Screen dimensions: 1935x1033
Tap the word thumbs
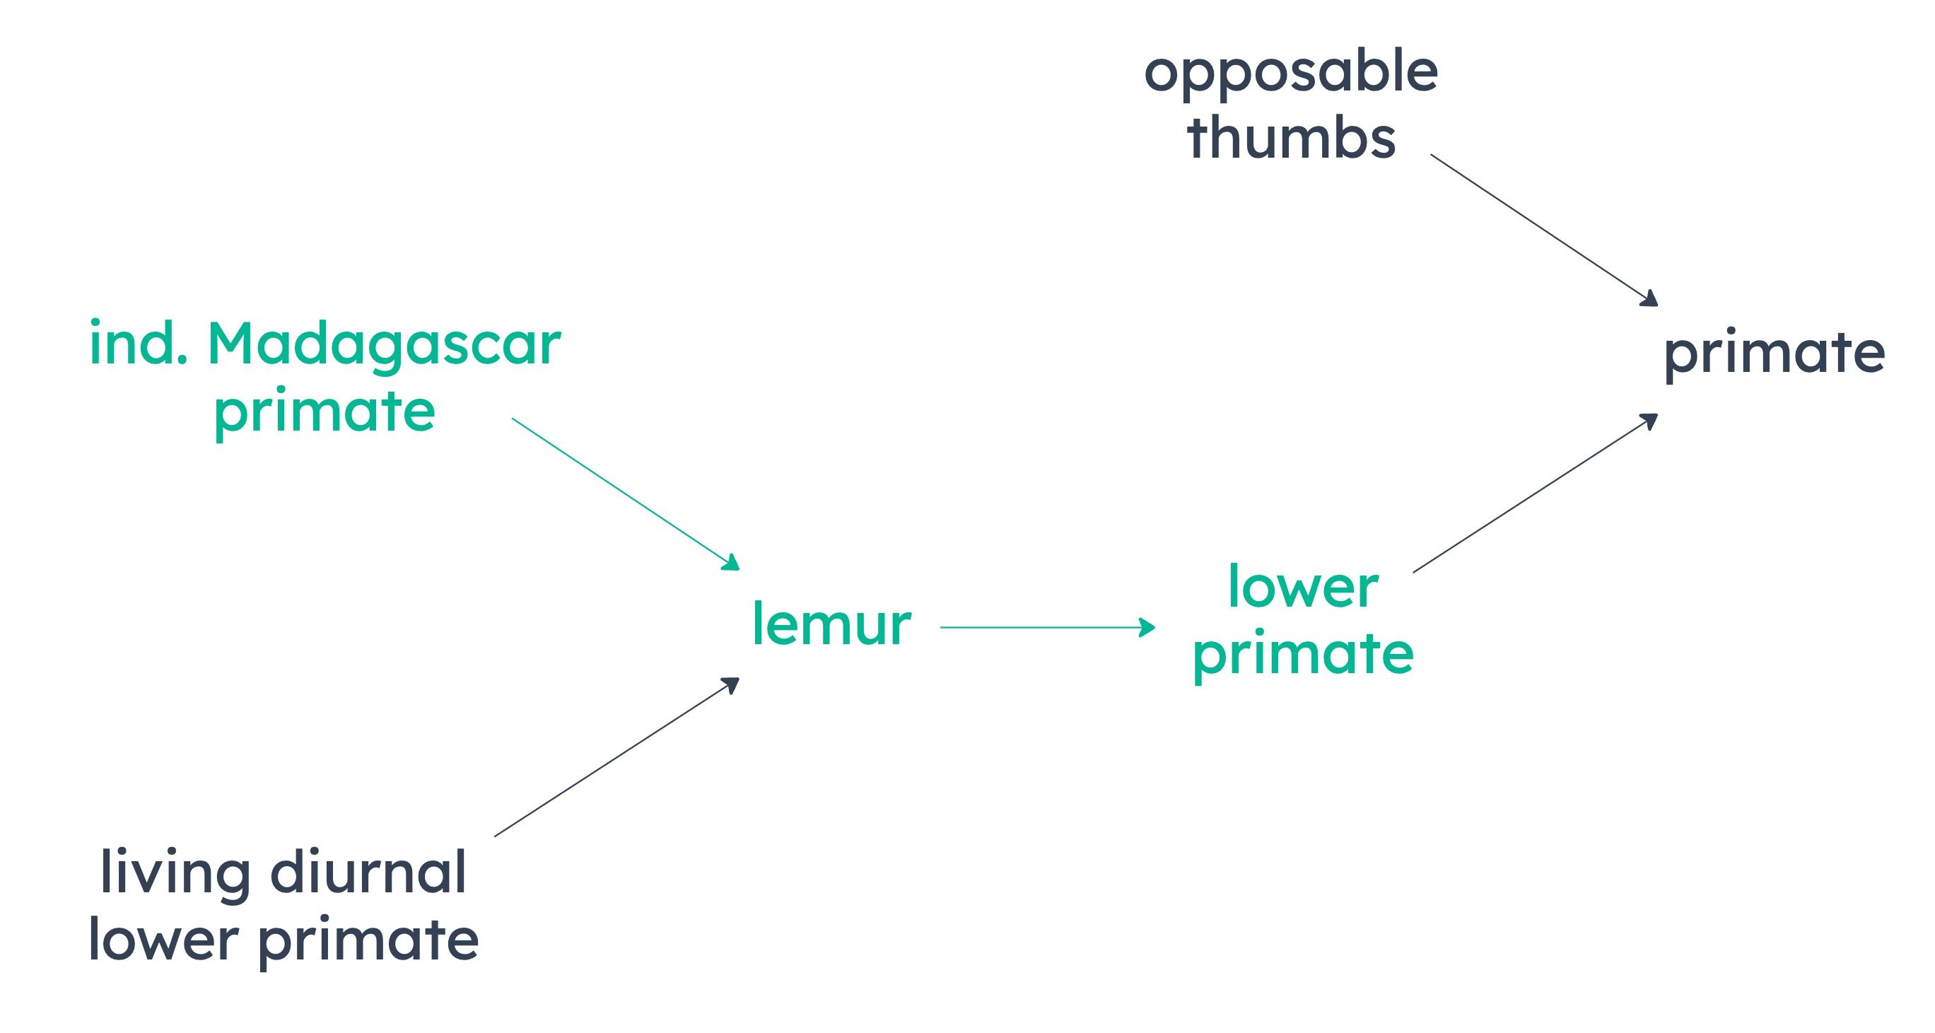1291,136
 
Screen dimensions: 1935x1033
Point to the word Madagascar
384,346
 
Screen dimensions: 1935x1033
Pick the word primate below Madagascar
325,413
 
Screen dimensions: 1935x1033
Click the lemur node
831,623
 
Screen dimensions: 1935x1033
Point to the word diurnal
368,872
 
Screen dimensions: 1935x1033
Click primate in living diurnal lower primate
368,942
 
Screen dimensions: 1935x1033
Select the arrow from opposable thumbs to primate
1543,230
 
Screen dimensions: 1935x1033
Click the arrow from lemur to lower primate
1048,626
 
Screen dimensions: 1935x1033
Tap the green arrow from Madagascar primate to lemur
626,494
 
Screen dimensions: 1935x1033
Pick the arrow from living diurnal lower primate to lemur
616,757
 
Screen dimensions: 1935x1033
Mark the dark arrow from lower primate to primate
1536,493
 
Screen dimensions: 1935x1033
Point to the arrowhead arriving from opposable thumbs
1649,299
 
